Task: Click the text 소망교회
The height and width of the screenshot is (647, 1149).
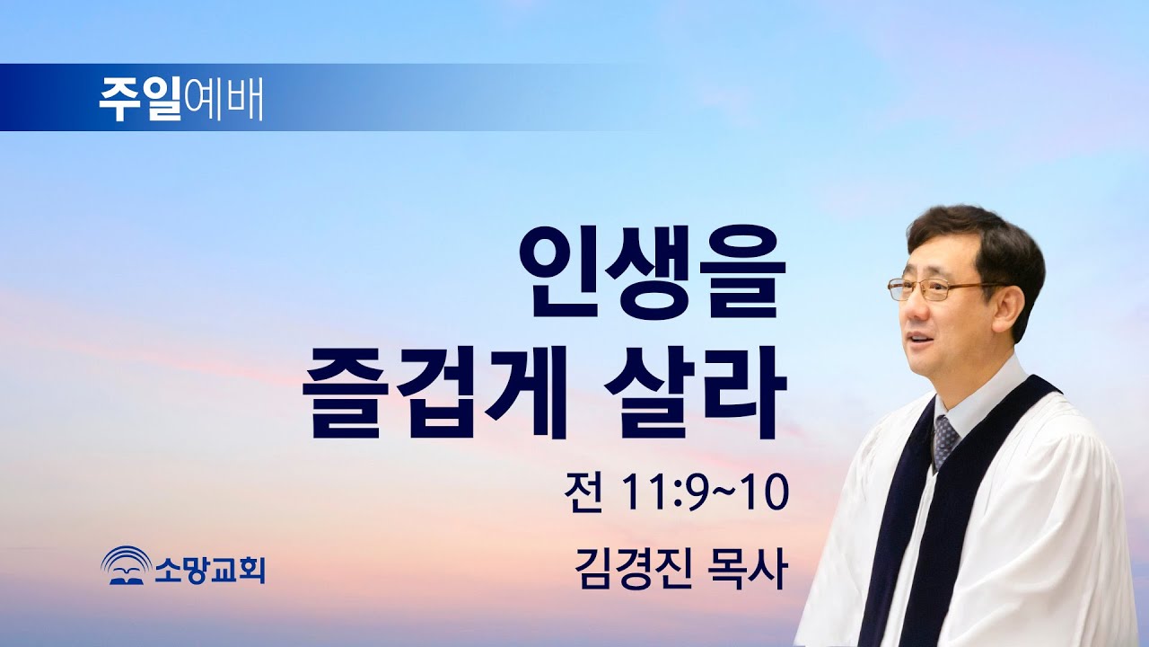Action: [x=208, y=568]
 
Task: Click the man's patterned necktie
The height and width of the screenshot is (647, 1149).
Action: [x=945, y=440]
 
